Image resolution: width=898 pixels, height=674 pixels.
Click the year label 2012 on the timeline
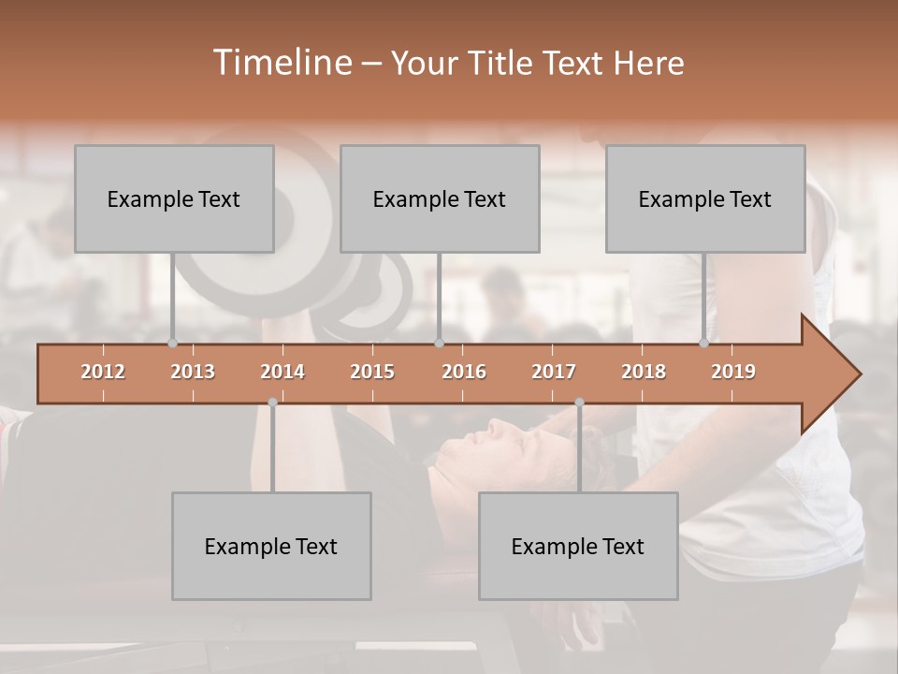103,372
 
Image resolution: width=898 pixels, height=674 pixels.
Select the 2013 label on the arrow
193,372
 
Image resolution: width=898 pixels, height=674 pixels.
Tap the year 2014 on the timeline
282,372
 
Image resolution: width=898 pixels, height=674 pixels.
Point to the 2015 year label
372,372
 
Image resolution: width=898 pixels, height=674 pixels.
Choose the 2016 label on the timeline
464,372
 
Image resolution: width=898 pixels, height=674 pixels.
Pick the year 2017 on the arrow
554,372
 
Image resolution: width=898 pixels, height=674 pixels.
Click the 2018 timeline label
644,372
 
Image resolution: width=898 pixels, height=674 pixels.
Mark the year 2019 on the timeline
733,372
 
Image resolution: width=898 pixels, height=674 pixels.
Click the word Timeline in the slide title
281,63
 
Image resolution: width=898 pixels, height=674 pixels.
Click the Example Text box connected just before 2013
174,198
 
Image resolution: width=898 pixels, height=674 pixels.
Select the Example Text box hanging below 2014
271,546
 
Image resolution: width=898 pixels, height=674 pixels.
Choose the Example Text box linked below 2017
578,546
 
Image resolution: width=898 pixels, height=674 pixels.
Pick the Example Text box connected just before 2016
440,198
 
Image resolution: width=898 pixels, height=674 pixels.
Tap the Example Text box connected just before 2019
705,198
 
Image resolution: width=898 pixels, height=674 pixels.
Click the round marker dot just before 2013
172,343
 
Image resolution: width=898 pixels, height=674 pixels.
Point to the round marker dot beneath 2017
579,403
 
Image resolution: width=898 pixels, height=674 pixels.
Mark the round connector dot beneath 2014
272,403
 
